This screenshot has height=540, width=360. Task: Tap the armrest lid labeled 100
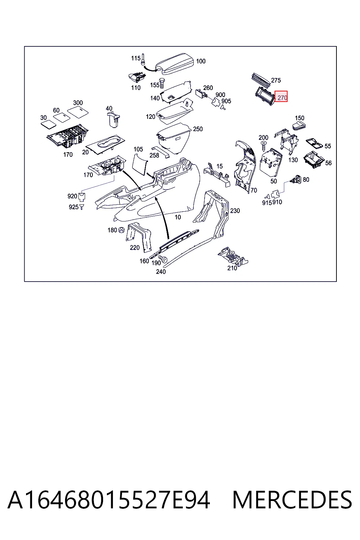pyautogui.click(x=175, y=64)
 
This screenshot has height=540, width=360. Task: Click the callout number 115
pyautogui.click(x=136, y=58)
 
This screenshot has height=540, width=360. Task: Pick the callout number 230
pyautogui.click(x=235, y=211)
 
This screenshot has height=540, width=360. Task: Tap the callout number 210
pyautogui.click(x=232, y=268)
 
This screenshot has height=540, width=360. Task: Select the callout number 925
pyautogui.click(x=73, y=207)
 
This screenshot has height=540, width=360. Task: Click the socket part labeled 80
pyautogui.click(x=296, y=180)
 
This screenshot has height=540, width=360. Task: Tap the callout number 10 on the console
pyautogui.click(x=178, y=217)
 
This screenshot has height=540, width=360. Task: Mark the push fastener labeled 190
pyautogui.click(x=164, y=259)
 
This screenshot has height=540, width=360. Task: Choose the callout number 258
pyautogui.click(x=154, y=155)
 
